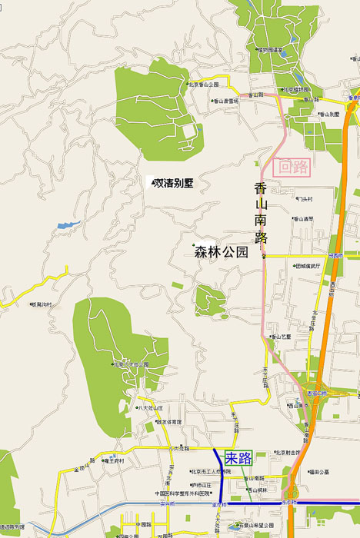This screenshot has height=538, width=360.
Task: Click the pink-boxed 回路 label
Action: point(294,167)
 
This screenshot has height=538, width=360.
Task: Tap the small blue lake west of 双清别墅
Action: point(68,225)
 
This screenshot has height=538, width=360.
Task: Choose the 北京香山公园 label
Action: point(204,85)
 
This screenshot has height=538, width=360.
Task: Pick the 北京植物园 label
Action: point(298,89)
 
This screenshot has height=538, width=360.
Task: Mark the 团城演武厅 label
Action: point(312,266)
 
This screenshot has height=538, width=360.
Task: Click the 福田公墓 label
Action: point(318,472)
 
